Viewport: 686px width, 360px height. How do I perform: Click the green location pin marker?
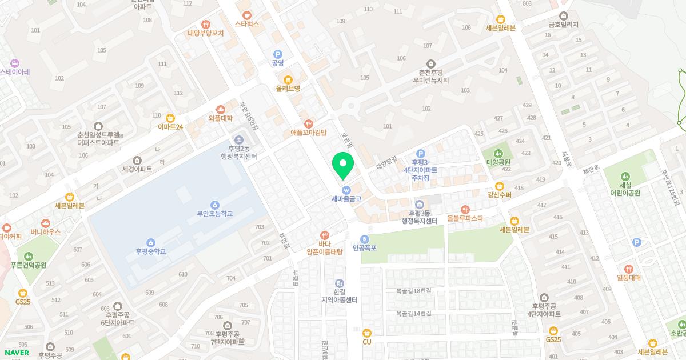pos(343,164)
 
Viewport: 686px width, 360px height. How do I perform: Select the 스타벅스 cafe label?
pos(247,24)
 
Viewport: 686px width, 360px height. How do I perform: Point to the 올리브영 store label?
pos(288,89)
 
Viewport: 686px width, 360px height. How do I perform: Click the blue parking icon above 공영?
pos(278,54)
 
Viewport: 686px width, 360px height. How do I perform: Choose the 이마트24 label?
pos(170,126)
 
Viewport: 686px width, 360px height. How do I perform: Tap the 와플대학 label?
pos(221,118)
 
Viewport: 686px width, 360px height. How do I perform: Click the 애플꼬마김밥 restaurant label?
pos(308,132)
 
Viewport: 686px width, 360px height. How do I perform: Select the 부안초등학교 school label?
pos(214,214)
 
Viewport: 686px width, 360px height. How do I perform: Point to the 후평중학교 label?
pos(151,251)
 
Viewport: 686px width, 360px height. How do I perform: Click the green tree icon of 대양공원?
pos(498,153)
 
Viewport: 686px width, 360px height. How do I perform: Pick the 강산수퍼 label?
pos(499,195)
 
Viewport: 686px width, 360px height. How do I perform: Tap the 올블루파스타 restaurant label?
pos(465,218)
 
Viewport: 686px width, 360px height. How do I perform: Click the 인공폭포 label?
pos(365,248)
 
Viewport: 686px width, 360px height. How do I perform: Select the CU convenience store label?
pos(367,341)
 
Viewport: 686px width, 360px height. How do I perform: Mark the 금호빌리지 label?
pos(564,25)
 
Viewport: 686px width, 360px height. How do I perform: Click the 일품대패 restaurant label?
pos(628,278)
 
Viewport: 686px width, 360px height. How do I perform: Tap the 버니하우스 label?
pos(45,232)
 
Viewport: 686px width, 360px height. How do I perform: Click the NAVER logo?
pos(16,352)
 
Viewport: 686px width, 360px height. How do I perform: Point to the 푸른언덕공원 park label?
pos(29,265)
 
